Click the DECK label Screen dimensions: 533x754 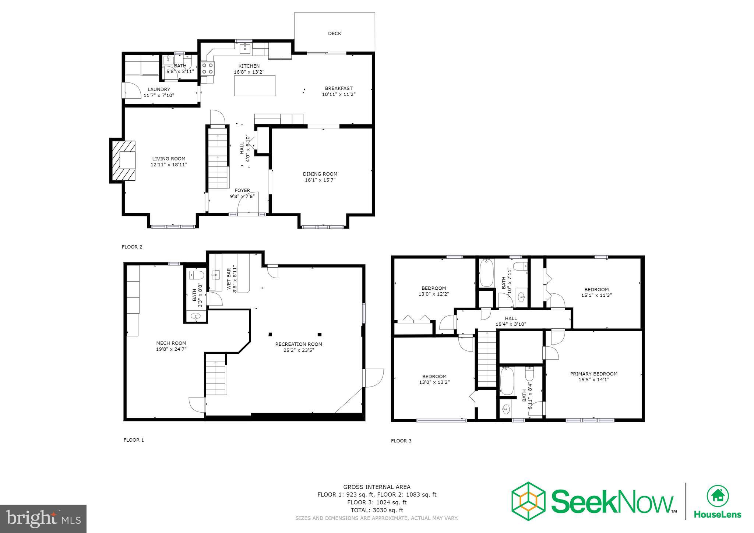[334, 33]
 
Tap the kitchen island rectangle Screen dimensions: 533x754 [255, 85]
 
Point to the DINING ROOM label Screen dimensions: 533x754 [320, 174]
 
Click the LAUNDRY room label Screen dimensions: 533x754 [159, 89]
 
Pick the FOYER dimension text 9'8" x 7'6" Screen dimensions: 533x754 [242, 197]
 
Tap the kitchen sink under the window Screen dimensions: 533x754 [245, 48]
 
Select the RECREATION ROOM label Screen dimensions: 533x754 [299, 344]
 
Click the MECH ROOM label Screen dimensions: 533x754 [171, 343]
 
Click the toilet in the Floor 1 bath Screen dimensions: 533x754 [197, 275]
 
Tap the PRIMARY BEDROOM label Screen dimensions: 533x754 [593, 374]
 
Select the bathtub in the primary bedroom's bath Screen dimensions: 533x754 [507, 382]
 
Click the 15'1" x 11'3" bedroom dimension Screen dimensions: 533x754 [596, 295]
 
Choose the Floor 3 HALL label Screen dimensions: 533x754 [511, 318]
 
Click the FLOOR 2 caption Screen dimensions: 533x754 [132, 247]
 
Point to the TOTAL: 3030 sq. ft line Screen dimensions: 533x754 [377, 510]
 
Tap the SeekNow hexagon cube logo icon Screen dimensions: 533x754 [528, 501]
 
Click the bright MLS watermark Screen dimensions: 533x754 [43, 519]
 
